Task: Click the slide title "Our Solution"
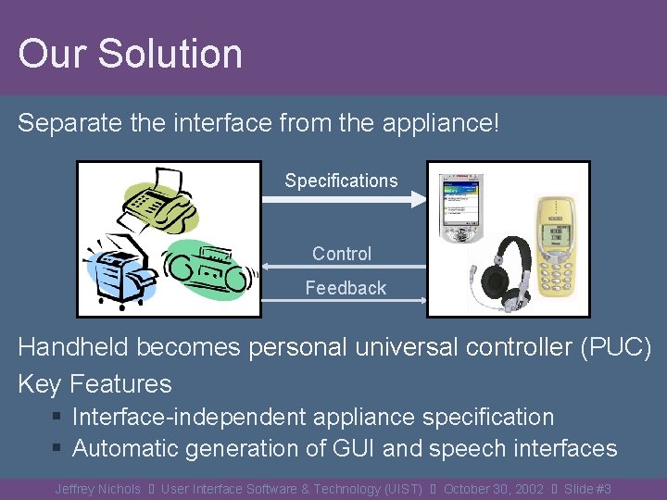pyautogui.click(x=130, y=54)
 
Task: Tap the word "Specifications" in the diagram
pyautogui.click(x=341, y=181)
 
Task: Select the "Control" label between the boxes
pyautogui.click(x=341, y=253)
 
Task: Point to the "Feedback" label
pyautogui.click(x=346, y=288)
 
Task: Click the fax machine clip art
pyautogui.click(x=159, y=199)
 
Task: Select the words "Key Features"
pyautogui.click(x=94, y=383)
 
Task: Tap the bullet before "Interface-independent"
pyautogui.click(x=57, y=419)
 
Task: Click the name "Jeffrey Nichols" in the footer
pyautogui.click(x=97, y=489)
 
